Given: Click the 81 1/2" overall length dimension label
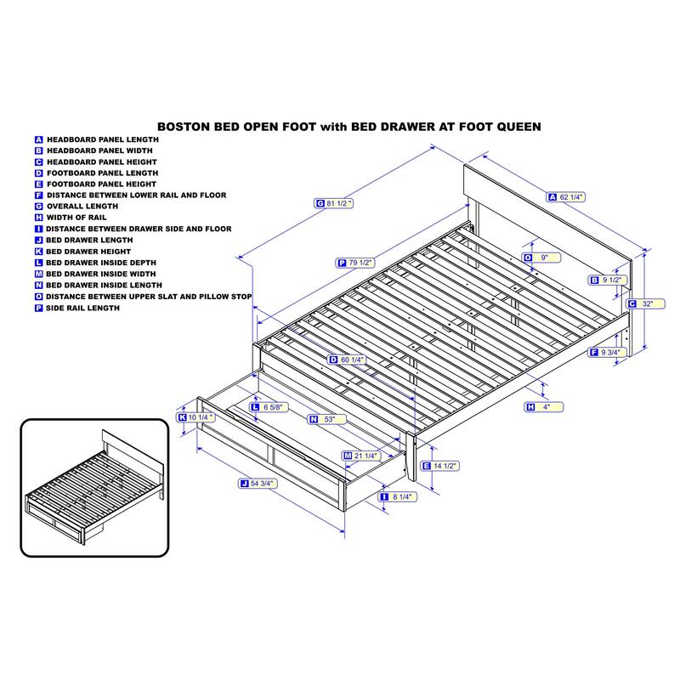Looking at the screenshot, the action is tap(333, 203).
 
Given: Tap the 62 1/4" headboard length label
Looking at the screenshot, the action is tap(566, 197).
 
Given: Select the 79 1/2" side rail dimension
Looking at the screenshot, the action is tap(355, 263).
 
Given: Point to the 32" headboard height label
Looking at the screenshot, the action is tap(646, 303).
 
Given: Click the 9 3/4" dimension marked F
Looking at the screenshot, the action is tap(607, 352).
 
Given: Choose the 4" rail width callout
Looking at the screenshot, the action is tap(544, 407).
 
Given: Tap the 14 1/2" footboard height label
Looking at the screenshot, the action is tap(439, 466).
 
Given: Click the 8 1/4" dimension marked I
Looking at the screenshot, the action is tap(398, 496).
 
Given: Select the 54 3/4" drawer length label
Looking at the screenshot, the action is tap(258, 483).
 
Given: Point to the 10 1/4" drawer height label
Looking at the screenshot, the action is tap(196, 417).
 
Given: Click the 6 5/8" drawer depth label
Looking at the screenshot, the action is tap(269, 407).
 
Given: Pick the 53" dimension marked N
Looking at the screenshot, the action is tap(327, 419).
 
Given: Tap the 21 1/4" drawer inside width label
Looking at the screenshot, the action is tap(362, 456).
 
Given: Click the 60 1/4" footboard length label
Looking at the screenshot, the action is tap(347, 360).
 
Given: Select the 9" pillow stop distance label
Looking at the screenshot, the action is tap(541, 258).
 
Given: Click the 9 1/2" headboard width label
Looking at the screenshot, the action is tap(607, 280).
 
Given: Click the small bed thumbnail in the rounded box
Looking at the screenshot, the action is tap(94, 487).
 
